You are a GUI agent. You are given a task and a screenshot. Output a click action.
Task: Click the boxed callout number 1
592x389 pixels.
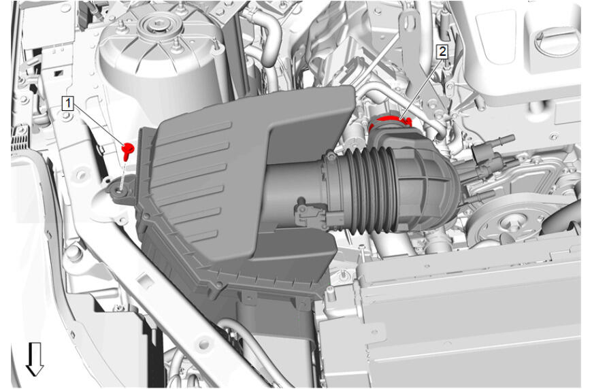point(67,103)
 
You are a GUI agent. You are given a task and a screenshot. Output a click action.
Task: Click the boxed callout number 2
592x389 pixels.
point(442,51)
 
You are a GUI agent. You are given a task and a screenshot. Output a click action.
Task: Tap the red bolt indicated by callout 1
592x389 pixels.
point(128,150)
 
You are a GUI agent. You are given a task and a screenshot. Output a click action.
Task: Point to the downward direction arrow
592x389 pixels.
point(35,359)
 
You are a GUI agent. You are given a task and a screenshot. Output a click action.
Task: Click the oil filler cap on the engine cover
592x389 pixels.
point(557,44)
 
